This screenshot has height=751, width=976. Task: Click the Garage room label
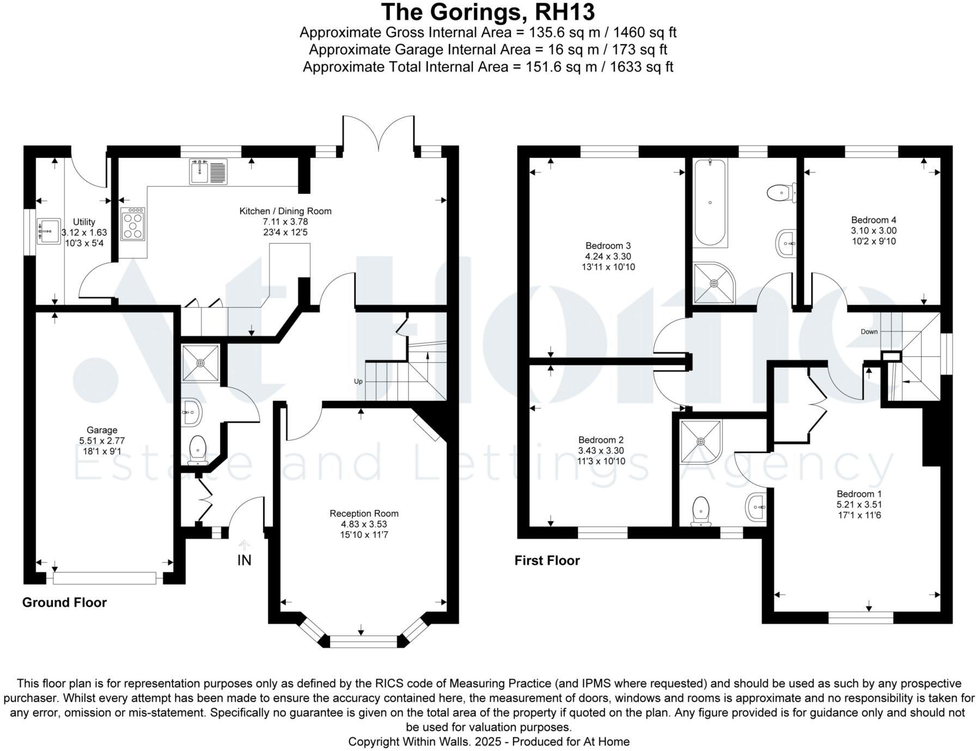pyautogui.click(x=101, y=430)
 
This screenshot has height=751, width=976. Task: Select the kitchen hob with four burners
pyautogui.click(x=133, y=224)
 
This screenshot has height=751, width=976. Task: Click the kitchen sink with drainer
pyautogui.click(x=209, y=172)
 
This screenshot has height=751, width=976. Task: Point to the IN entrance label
pyautogui.click(x=245, y=560)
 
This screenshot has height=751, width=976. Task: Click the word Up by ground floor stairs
pyautogui.click(x=358, y=381)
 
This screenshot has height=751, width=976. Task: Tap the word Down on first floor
pyautogui.click(x=869, y=332)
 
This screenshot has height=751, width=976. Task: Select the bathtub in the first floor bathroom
pyautogui.click(x=710, y=203)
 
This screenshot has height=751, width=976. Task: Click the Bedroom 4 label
pyautogui.click(x=874, y=220)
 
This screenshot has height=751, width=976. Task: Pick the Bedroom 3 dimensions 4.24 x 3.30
pyautogui.click(x=608, y=257)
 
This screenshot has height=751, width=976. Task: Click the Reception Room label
pyautogui.click(x=364, y=514)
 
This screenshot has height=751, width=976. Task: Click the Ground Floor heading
pyautogui.click(x=64, y=602)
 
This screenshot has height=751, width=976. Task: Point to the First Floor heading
pyautogui.click(x=547, y=560)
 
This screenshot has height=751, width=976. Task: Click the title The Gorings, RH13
pyautogui.click(x=487, y=12)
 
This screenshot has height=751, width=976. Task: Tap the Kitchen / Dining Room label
pyautogui.click(x=285, y=211)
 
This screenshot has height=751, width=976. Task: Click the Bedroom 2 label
pyautogui.click(x=601, y=440)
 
